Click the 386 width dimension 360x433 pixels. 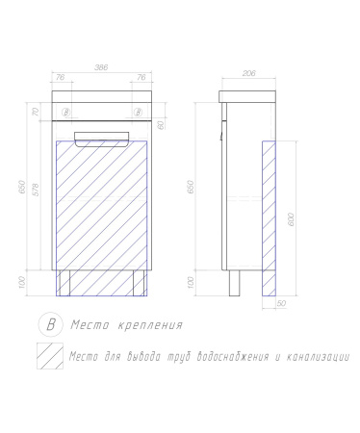coord(101,67)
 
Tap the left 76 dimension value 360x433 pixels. coord(61,77)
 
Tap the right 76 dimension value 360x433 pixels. coord(141,77)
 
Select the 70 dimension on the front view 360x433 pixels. coord(36,112)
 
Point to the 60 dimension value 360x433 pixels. coord(162,124)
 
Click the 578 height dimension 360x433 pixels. coord(36,190)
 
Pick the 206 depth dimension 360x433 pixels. coord(249,73)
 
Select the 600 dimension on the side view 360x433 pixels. coord(292,219)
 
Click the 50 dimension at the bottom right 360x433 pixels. coord(281,303)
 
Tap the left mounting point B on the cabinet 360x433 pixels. coord(66,113)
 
